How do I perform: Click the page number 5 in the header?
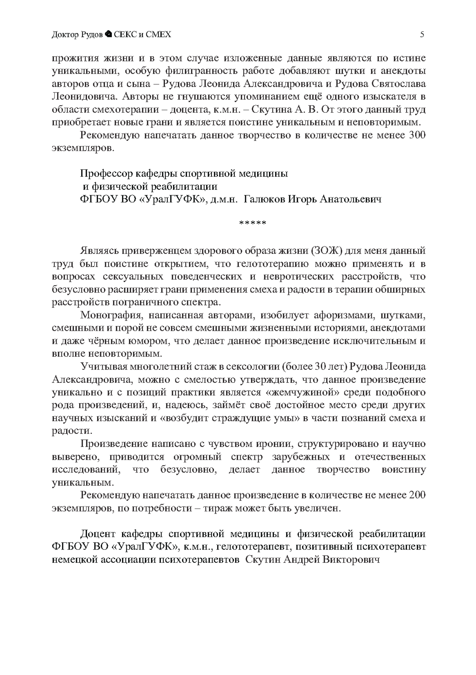coord(422,34)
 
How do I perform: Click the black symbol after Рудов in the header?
coord(108,34)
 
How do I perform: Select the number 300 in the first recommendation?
coord(417,135)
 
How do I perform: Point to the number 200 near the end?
coord(417,495)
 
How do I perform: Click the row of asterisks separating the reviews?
coord(252,223)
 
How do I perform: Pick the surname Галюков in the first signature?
coord(264,199)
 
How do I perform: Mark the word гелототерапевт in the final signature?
coord(252,547)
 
